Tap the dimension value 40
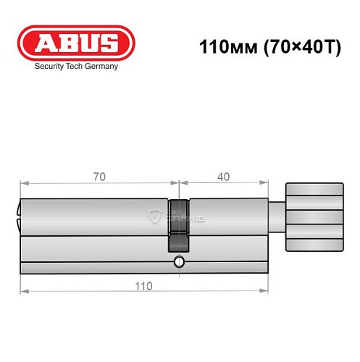(x=225, y=176)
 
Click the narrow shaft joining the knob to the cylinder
(x=280, y=215)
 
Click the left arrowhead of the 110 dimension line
(x=23, y=292)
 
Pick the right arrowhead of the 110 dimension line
(x=265, y=292)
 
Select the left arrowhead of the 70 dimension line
(x=23, y=183)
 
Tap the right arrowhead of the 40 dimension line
(x=265, y=183)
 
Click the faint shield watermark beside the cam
(x=154, y=215)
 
